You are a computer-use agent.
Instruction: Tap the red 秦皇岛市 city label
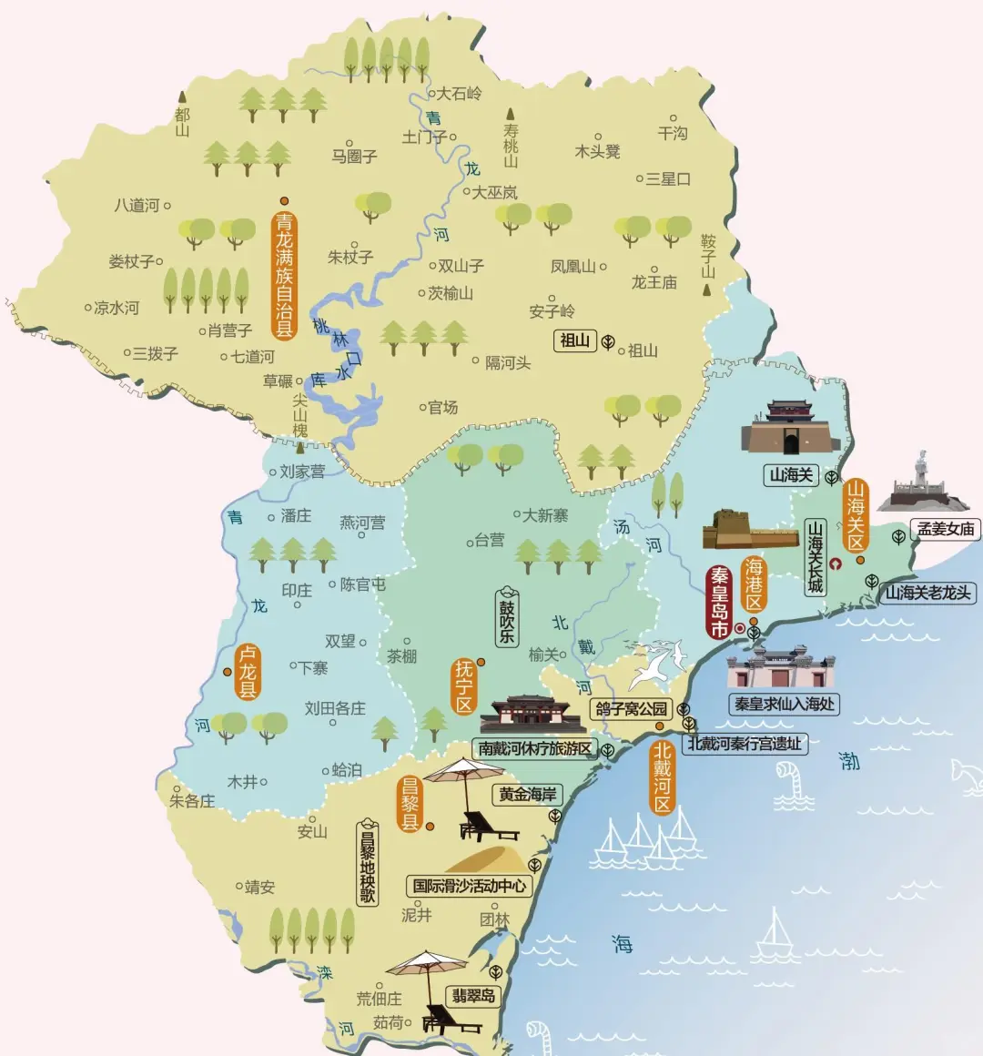pyautogui.click(x=720, y=602)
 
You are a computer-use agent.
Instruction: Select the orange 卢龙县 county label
pyautogui.click(x=248, y=672)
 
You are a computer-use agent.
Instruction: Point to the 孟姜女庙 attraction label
pyautogui.click(x=946, y=529)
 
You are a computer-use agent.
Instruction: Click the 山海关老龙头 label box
pyautogui.click(x=928, y=594)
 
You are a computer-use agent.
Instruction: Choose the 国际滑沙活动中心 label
pyautogui.click(x=469, y=885)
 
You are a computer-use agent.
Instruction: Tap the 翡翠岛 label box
pyautogui.click(x=473, y=996)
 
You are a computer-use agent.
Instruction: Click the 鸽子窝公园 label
pyautogui.click(x=631, y=708)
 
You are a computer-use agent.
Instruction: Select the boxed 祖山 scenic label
pyautogui.click(x=574, y=340)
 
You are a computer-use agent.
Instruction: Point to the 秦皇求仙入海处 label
pyautogui.click(x=784, y=704)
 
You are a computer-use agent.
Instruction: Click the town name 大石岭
pyautogui.click(x=459, y=93)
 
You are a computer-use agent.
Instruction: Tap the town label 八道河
pyautogui.click(x=137, y=206)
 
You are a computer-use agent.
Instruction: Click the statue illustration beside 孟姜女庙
pyautogui.click(x=922, y=482)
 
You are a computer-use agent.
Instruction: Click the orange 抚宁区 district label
pyautogui.click(x=464, y=686)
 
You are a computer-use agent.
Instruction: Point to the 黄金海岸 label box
pyautogui.click(x=527, y=794)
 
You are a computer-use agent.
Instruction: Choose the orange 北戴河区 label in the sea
pyautogui.click(x=662, y=777)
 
